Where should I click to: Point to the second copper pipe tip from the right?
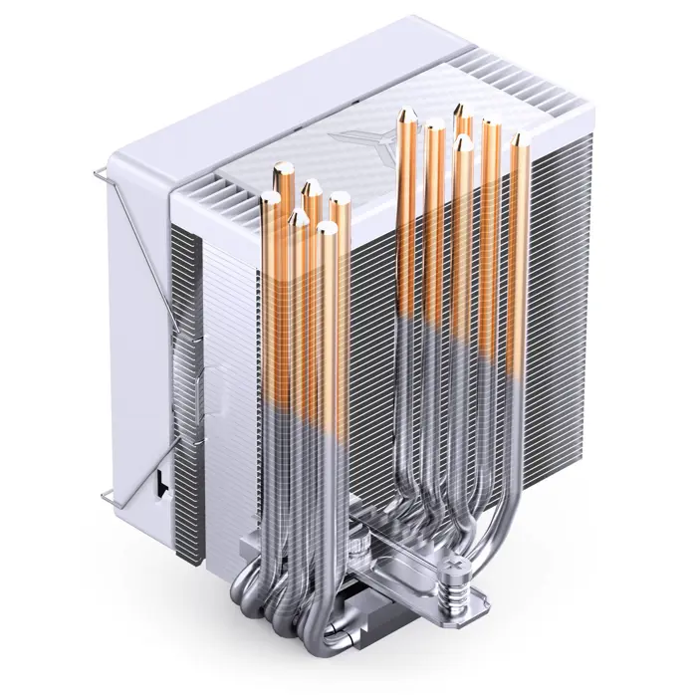pos(491,126)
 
